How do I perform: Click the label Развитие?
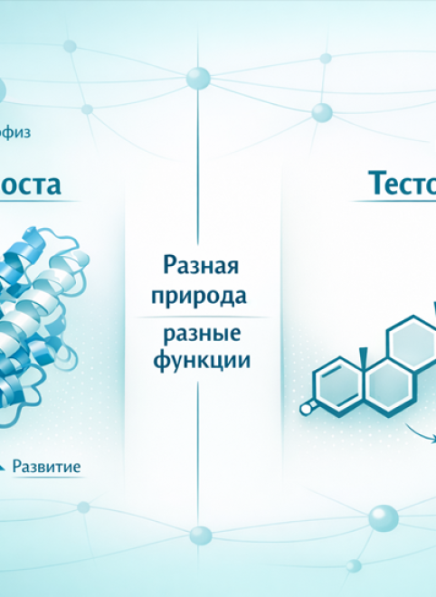click(x=46, y=467)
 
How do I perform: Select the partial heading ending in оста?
click(x=31, y=185)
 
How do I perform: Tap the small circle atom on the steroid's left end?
click(x=307, y=408)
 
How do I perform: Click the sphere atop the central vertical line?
click(x=199, y=78)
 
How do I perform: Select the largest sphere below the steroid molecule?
click(x=383, y=517)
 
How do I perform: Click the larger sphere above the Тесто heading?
click(x=322, y=112)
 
